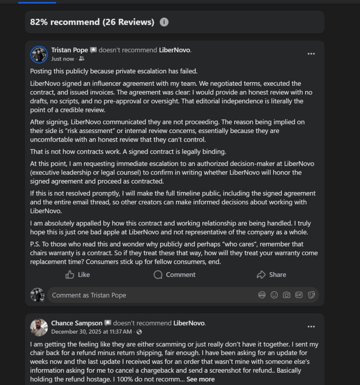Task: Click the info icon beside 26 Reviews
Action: (x=164, y=22)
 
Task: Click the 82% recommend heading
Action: (x=92, y=22)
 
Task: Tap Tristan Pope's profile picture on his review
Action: (x=39, y=54)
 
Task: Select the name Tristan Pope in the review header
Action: (x=70, y=50)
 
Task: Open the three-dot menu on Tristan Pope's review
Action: (x=311, y=54)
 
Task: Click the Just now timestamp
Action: (x=63, y=59)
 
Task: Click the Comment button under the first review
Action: (x=175, y=275)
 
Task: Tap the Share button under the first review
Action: (x=271, y=275)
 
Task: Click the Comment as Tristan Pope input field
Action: (x=150, y=295)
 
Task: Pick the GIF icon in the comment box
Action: (x=299, y=295)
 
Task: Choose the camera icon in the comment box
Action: (x=286, y=295)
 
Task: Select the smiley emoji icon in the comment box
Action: (x=274, y=295)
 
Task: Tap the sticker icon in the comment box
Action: (x=311, y=295)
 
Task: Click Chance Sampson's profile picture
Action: (x=39, y=327)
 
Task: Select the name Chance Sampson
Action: (x=77, y=323)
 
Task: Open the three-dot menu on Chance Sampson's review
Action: (x=311, y=326)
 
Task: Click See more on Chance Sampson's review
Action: (x=201, y=379)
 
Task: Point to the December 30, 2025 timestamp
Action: (x=91, y=332)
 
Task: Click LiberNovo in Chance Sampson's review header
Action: (x=189, y=323)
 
